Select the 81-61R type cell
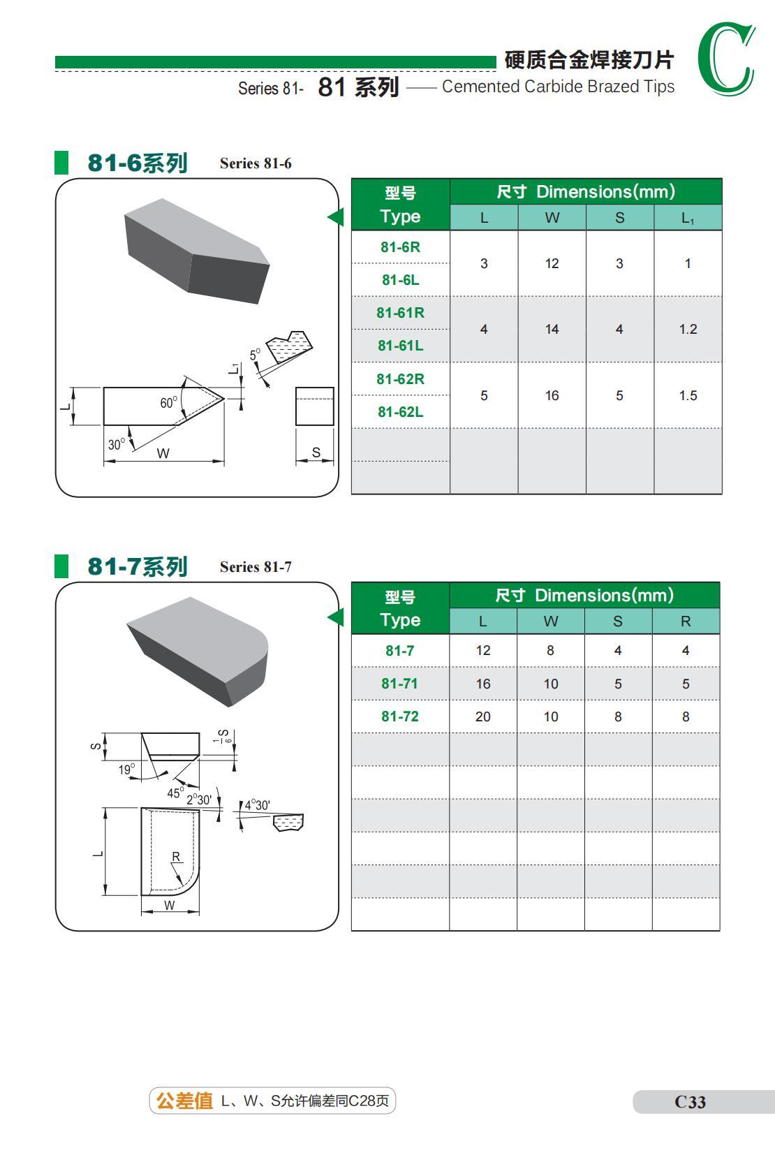click(400, 313)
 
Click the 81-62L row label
click(400, 412)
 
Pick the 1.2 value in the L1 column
click(688, 329)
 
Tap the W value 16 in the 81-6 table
click(552, 395)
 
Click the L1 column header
click(688, 218)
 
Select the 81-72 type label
click(399, 716)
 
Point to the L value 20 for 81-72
click(482, 716)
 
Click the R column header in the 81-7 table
click(686, 621)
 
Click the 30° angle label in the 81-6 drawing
click(116, 444)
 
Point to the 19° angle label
click(126, 770)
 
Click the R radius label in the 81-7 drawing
click(176, 857)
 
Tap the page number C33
click(690, 1102)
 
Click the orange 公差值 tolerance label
click(184, 1101)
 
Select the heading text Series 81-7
click(256, 567)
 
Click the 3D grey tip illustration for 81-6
click(195, 251)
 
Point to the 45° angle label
click(175, 793)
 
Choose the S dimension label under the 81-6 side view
click(316, 453)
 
